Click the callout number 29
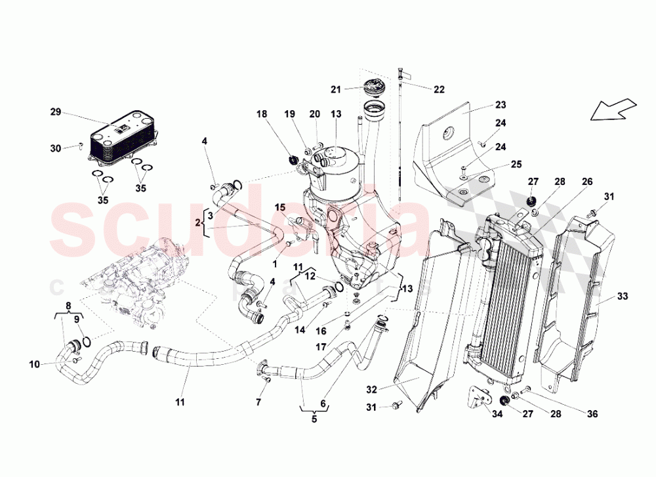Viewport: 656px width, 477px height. click(x=56, y=112)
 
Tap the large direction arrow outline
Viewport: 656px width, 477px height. click(x=613, y=110)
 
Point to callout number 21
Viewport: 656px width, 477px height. click(x=336, y=90)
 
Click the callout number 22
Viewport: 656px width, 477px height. click(x=439, y=88)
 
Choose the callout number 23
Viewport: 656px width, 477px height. click(x=501, y=104)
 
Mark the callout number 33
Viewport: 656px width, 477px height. click(x=623, y=297)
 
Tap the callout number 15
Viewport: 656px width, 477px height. click(x=280, y=207)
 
